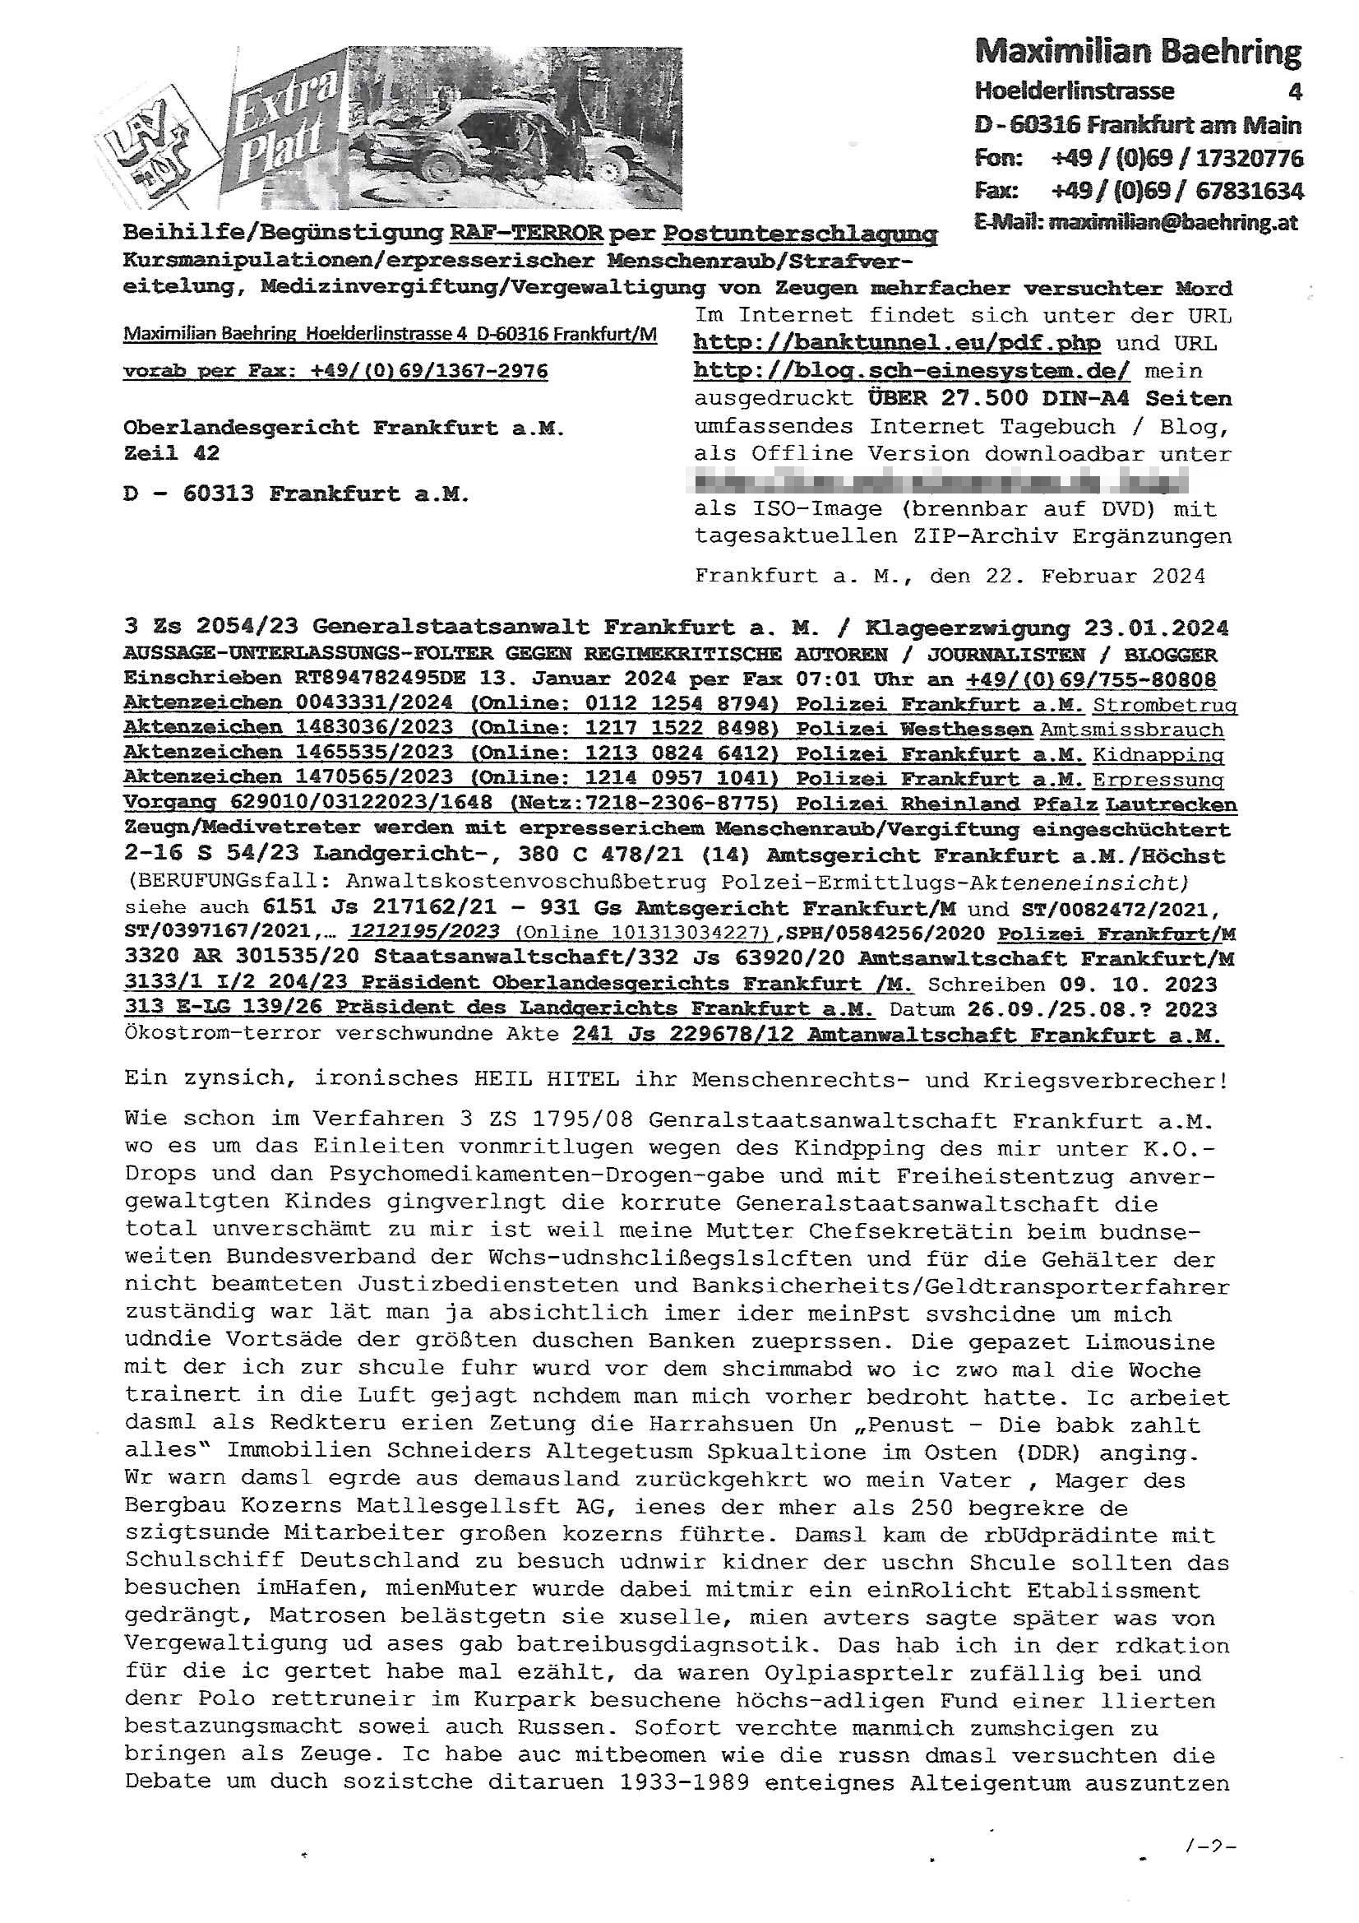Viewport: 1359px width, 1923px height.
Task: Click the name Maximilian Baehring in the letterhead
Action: [x=1138, y=53]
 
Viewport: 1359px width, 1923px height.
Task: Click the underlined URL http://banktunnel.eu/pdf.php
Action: [x=897, y=344]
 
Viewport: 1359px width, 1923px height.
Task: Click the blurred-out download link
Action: [x=940, y=482]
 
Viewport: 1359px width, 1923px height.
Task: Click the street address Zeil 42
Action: [x=172, y=453]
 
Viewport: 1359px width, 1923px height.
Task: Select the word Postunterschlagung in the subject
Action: [x=801, y=232]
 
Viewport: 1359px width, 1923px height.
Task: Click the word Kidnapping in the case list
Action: [x=1158, y=754]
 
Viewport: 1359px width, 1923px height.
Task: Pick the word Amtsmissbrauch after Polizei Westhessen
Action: [x=1131, y=730]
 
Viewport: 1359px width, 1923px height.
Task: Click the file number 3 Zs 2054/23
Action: [x=213, y=628]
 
